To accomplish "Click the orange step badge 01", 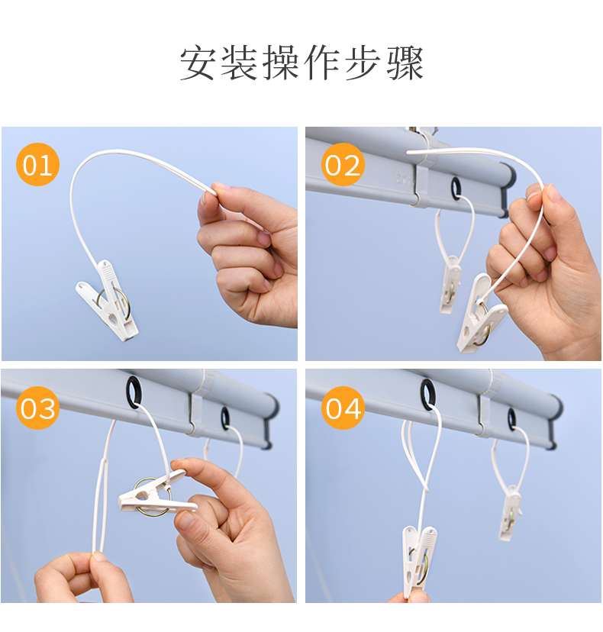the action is [x=37, y=164].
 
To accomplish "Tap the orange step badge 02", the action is [x=343, y=164].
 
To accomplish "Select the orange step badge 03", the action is [x=37, y=408].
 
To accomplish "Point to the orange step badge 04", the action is [x=343, y=408].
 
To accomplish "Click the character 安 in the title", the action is [x=197, y=63].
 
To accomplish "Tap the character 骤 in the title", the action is [x=405, y=63].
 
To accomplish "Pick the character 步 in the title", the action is [x=363, y=63].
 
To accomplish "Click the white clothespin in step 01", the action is [x=107, y=300].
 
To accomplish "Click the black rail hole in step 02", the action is [x=456, y=188].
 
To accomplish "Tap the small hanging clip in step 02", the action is [x=450, y=284].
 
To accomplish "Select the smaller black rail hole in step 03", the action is [x=225, y=418].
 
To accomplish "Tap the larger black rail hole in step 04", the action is [x=428, y=394].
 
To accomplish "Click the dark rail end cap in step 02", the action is [x=509, y=189].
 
